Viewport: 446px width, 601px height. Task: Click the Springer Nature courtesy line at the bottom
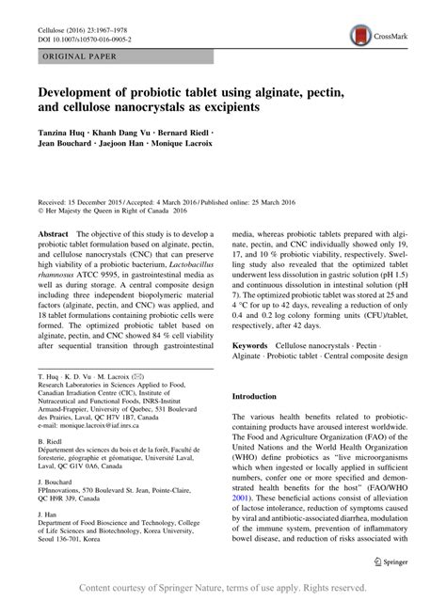click(x=223, y=588)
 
